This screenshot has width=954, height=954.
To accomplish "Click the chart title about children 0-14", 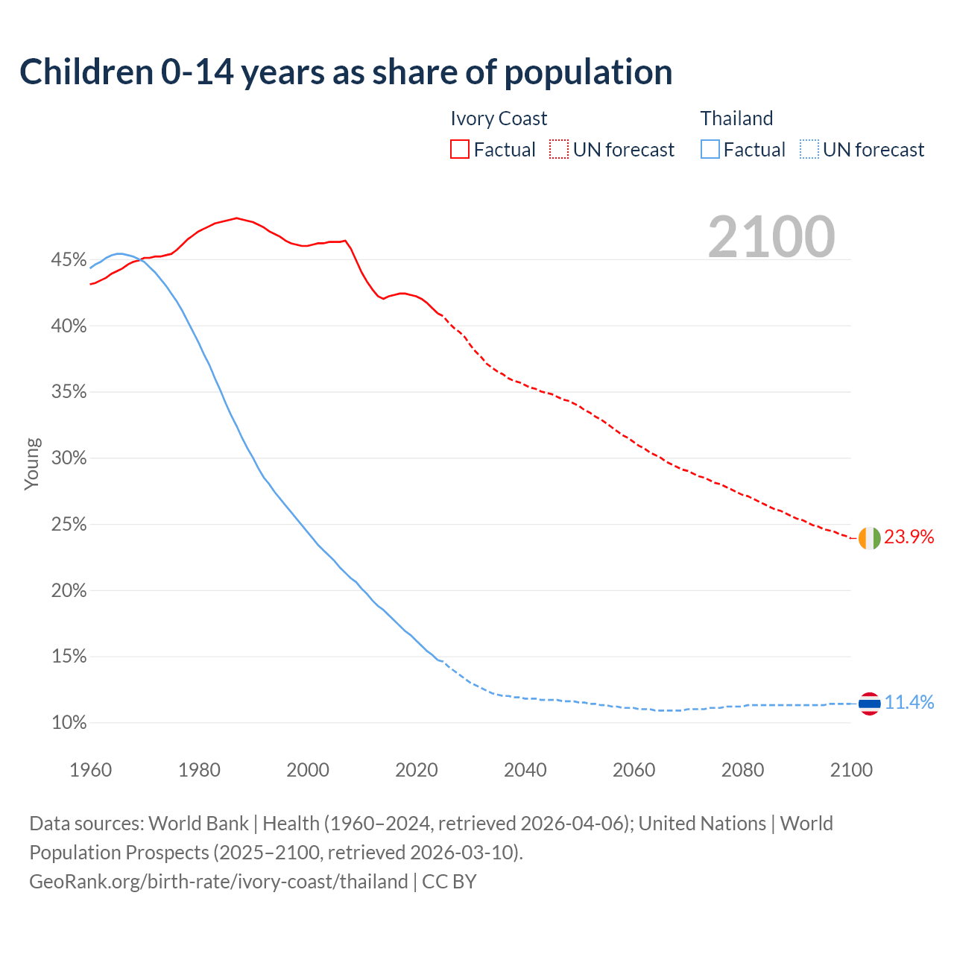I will click(346, 72).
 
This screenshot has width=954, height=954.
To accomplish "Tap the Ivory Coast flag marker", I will click(869, 537).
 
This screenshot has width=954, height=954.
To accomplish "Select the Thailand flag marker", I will click(869, 703).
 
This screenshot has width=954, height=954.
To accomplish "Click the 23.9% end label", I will click(909, 537).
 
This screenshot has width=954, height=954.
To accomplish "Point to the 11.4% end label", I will click(909, 702).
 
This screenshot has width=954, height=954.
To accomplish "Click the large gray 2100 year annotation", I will click(771, 237).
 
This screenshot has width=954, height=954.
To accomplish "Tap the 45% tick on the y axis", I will click(69, 260).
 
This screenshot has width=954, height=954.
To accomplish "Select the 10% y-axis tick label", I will click(69, 723).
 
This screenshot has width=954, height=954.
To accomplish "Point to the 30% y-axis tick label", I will click(69, 458).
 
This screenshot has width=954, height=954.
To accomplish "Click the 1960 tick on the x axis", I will click(90, 770).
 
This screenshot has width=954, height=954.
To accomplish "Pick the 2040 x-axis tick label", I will click(525, 770).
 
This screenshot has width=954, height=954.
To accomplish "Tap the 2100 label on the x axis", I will click(851, 770).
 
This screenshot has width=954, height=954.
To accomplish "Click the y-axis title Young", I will click(32, 464).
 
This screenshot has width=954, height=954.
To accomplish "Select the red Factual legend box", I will click(460, 150).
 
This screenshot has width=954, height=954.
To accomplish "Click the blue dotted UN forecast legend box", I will click(809, 150).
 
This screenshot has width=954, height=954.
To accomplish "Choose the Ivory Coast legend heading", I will click(499, 119).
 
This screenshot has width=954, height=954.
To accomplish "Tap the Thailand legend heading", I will click(736, 119).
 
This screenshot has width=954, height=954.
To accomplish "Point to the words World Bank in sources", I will click(198, 824).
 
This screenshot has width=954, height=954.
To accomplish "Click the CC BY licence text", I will click(449, 882).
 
